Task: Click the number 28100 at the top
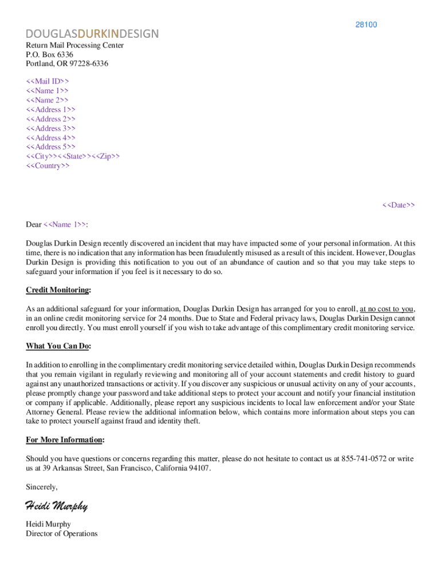(366, 25)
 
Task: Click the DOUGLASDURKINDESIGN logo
(92, 34)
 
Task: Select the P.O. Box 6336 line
(50, 54)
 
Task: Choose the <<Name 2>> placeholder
(47, 100)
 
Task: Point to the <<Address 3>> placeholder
(50, 128)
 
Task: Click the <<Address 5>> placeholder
(50, 147)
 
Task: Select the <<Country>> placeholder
(48, 166)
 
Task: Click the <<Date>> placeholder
(399, 205)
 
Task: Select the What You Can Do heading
(58, 346)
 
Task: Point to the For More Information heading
(65, 439)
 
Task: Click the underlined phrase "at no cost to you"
(387, 309)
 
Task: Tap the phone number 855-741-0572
(364, 459)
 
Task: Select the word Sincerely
(42, 487)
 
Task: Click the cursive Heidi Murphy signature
(56, 505)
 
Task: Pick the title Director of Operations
(62, 534)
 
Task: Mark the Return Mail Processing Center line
(74, 45)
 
